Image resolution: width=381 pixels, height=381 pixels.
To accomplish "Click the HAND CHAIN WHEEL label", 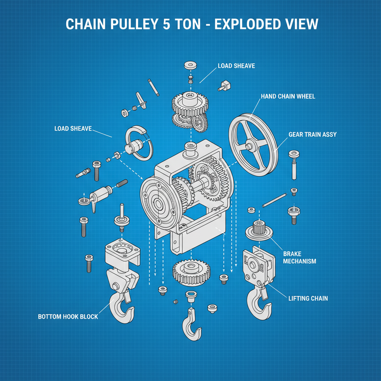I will [288, 96].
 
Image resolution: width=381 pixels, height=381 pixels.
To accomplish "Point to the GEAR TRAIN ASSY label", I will [313, 134].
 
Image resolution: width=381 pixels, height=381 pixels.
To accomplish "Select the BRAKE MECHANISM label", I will [300, 257].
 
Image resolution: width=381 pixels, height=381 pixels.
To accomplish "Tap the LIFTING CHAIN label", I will [308, 298].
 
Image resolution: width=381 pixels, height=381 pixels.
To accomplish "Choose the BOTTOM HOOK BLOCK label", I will [68, 317].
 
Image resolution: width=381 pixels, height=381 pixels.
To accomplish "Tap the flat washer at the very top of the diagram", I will [190, 65].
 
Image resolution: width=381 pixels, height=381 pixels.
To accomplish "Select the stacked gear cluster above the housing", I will [190, 110].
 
